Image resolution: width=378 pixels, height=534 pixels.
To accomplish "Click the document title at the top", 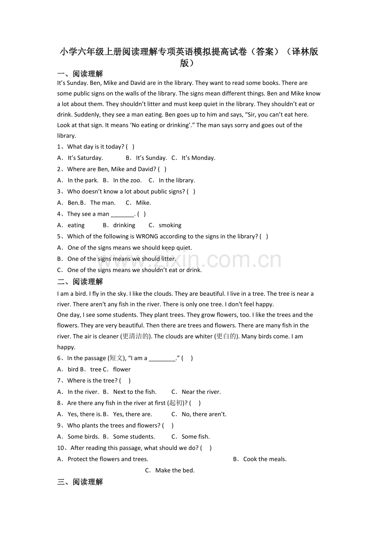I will [189, 57].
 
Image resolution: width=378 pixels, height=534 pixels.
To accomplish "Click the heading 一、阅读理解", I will [80, 74].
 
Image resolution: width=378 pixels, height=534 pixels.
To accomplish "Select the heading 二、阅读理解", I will [80, 282].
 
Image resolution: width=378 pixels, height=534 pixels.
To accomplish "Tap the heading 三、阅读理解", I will [80, 482].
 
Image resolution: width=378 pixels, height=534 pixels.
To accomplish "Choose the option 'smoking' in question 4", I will [170, 225].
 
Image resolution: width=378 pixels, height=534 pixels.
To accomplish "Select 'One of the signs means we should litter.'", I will [122, 259].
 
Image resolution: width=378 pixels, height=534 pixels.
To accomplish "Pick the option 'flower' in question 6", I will [122, 369].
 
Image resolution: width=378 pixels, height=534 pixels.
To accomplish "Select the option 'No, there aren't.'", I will [204, 414].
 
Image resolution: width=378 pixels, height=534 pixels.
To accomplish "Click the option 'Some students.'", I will [134, 436].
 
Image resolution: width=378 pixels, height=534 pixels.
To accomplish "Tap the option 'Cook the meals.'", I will [265, 459].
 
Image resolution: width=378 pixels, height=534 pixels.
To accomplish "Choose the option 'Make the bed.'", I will [175, 470].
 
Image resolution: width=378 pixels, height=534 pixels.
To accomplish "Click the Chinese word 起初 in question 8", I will [176, 403].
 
